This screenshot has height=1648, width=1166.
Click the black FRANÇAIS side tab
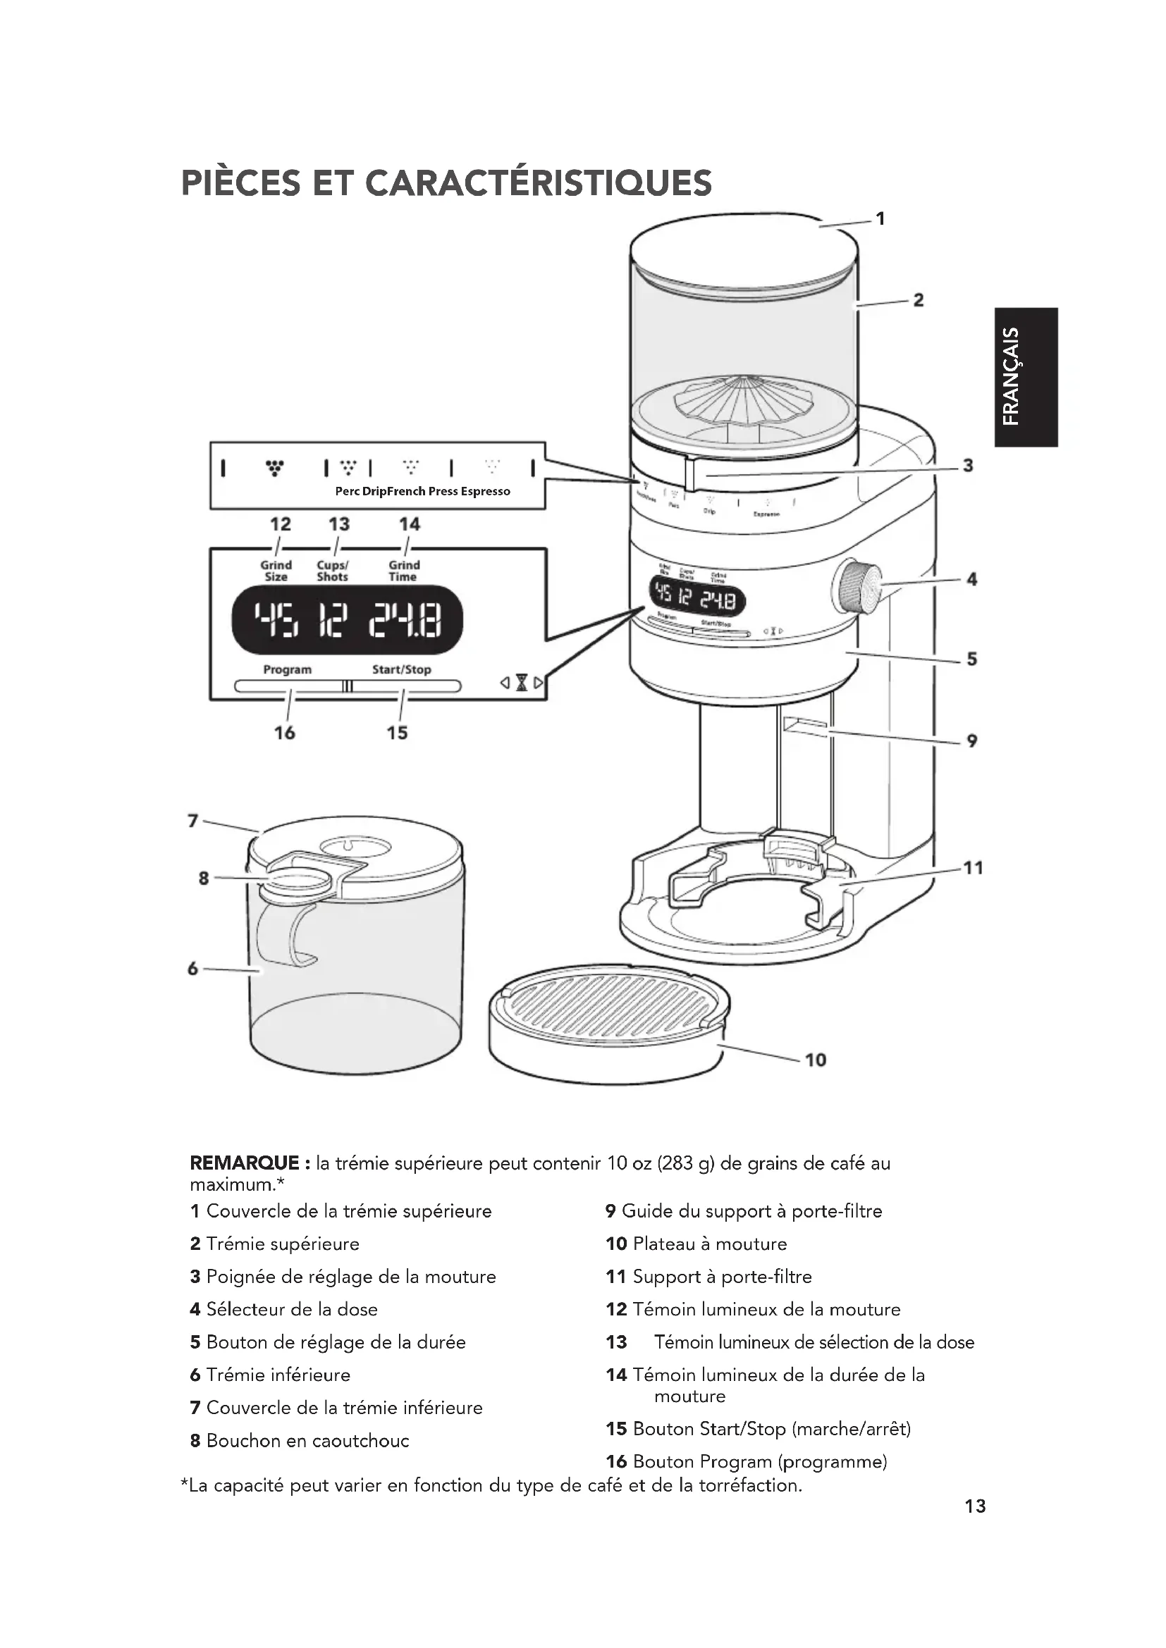tap(1025, 377)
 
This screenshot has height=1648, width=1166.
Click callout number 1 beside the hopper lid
tap(880, 218)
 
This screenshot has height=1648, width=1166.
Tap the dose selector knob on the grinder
tap(858, 588)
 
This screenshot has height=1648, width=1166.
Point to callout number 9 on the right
tap(971, 740)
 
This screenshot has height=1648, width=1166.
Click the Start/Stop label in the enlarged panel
tap(401, 669)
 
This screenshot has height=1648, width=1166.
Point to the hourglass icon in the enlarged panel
tap(522, 683)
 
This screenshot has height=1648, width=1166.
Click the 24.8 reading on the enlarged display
tap(405, 619)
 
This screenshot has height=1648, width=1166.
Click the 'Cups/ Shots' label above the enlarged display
tap(333, 571)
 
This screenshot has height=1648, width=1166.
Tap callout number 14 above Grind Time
tap(410, 524)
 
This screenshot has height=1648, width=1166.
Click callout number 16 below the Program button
tap(284, 733)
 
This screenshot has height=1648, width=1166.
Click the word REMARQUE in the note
tap(244, 1163)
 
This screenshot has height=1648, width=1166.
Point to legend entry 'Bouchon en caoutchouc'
tap(307, 1441)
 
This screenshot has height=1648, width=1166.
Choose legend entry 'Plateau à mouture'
tap(709, 1244)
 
